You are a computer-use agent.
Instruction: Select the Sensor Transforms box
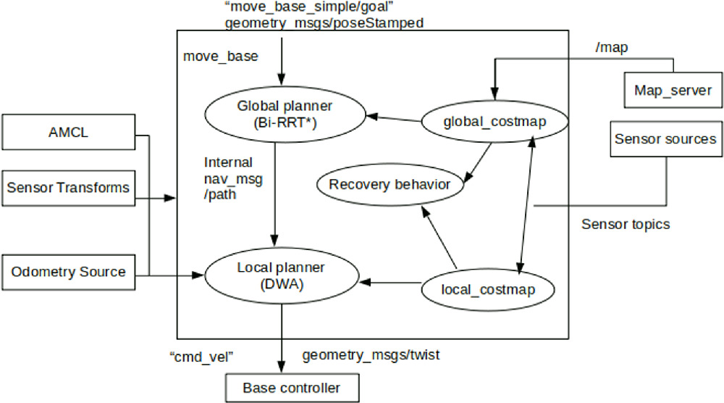click(x=68, y=188)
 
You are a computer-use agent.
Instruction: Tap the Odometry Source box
click(x=68, y=273)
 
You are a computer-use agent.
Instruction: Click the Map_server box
click(x=673, y=91)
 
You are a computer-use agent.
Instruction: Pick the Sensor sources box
click(x=665, y=138)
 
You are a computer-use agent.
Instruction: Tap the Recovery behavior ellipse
click(x=390, y=184)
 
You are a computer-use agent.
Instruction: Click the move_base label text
click(x=220, y=57)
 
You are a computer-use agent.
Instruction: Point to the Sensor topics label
click(x=626, y=224)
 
